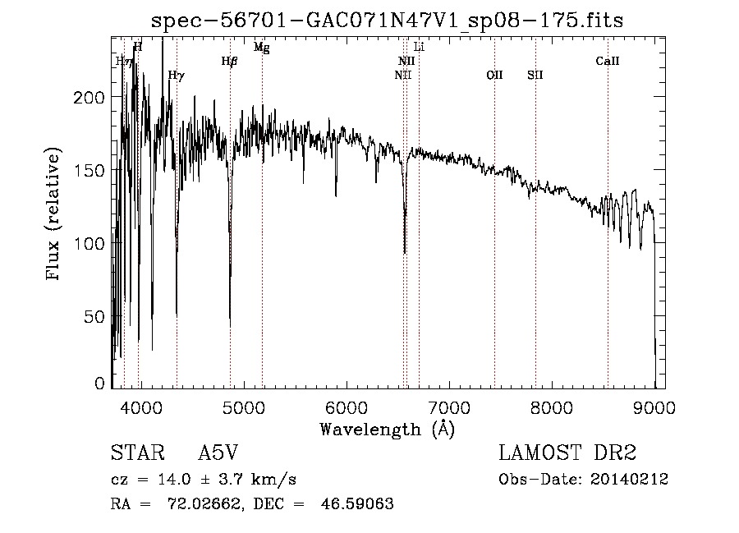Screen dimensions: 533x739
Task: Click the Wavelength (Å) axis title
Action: pyautogui.click(x=387, y=429)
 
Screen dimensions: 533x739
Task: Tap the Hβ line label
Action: pyautogui.click(x=229, y=61)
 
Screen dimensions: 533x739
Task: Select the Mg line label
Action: pyautogui.click(x=261, y=48)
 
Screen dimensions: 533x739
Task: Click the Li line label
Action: pyautogui.click(x=419, y=48)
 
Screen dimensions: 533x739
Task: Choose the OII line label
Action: pyautogui.click(x=494, y=75)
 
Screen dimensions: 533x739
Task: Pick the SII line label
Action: pyautogui.click(x=535, y=75)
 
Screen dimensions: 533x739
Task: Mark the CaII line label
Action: pyautogui.click(x=608, y=61)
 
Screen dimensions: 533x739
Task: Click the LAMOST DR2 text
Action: pyautogui.click(x=567, y=453)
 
